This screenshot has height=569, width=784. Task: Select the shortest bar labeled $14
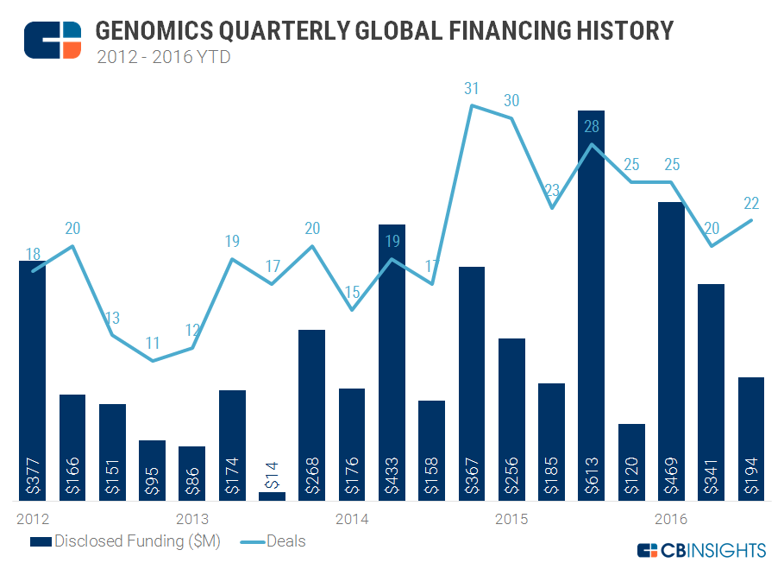point(272,496)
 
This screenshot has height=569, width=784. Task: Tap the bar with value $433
point(392,363)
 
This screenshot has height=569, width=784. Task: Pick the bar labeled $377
point(33,380)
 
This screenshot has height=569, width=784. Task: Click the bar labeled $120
point(631,462)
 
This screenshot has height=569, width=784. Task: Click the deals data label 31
point(471,88)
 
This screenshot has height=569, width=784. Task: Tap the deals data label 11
point(153,343)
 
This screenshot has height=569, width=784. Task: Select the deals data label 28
point(591,126)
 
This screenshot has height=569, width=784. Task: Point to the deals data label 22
point(750,203)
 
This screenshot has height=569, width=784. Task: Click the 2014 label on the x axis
point(352,519)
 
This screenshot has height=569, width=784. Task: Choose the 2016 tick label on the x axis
point(671,519)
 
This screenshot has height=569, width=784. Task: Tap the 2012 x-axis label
point(33,519)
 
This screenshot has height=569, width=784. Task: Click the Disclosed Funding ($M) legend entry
point(126,541)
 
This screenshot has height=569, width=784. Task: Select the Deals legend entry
point(272,541)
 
